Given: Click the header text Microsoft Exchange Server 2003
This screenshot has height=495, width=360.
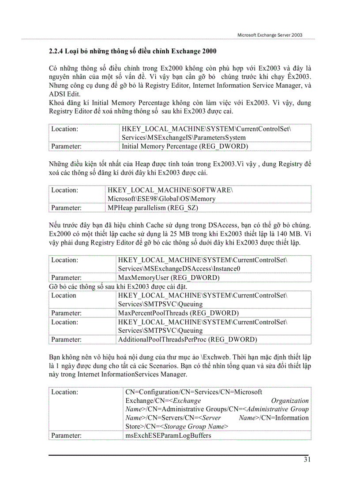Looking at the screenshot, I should pyautogui.click(x=270, y=35).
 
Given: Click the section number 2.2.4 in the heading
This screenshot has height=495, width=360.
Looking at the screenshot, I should pyautogui.click(x=56, y=51).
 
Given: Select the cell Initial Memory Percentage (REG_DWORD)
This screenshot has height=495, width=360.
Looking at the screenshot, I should pyautogui.click(x=185, y=146).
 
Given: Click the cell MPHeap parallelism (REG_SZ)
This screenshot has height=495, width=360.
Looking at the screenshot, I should pyautogui.click(x=153, y=207).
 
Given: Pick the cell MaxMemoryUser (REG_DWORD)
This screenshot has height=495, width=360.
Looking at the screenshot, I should pyautogui.click(x=169, y=278).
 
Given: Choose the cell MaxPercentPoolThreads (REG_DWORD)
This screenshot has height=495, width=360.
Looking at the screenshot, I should pyautogui.click(x=178, y=313).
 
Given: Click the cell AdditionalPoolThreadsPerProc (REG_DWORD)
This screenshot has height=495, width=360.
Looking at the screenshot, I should pyautogui.click(x=187, y=339).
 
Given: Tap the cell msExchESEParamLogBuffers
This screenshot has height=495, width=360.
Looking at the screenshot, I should pyautogui.click(x=168, y=435).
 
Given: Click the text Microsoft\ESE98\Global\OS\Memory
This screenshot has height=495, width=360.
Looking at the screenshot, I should pyautogui.click(x=161, y=199).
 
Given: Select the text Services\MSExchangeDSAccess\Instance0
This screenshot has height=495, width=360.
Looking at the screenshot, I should pyautogui.click(x=179, y=268).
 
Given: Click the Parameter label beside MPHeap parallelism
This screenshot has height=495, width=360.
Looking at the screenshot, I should pyautogui.click(x=66, y=207).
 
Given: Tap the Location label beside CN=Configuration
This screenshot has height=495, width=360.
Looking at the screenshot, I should pyautogui.click(x=64, y=392).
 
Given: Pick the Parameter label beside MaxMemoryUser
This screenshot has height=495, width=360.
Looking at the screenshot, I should pyautogui.click(x=66, y=278).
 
